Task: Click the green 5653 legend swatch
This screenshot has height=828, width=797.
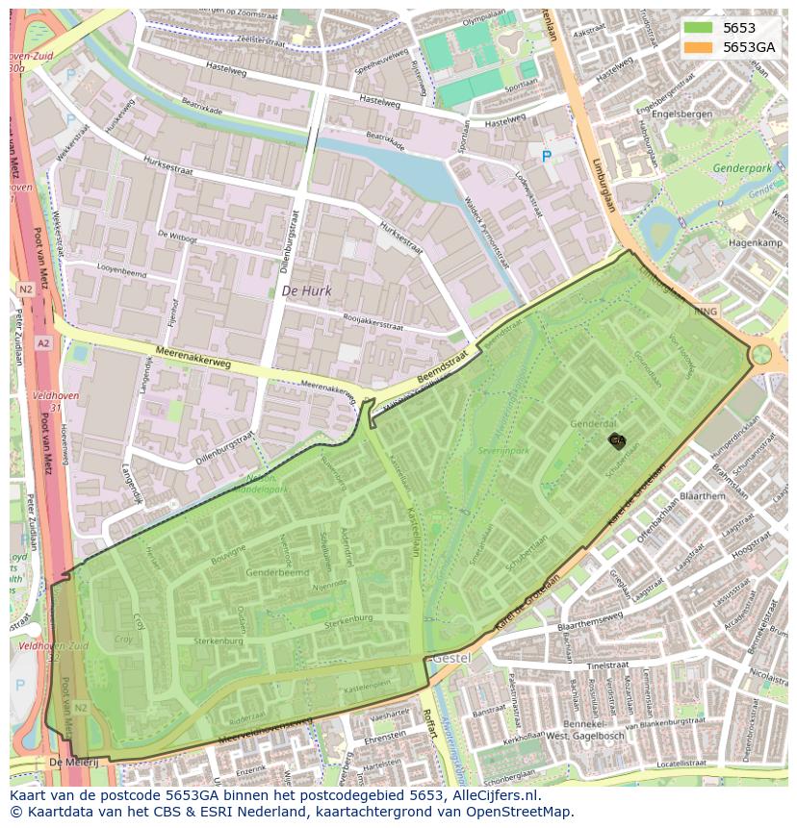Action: tap(699, 29)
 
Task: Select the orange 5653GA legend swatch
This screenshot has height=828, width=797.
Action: tap(699, 48)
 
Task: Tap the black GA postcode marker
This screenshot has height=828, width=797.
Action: tap(617, 440)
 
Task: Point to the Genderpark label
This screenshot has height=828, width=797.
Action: tap(742, 168)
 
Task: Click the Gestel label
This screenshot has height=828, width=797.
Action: tap(450, 659)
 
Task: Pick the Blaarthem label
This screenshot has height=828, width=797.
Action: tap(702, 496)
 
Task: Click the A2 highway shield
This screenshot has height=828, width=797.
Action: tap(43, 342)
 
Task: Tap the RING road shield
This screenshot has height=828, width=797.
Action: tap(706, 312)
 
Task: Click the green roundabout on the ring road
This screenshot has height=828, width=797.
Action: tap(761, 354)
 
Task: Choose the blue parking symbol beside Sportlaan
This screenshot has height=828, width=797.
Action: tap(547, 156)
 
